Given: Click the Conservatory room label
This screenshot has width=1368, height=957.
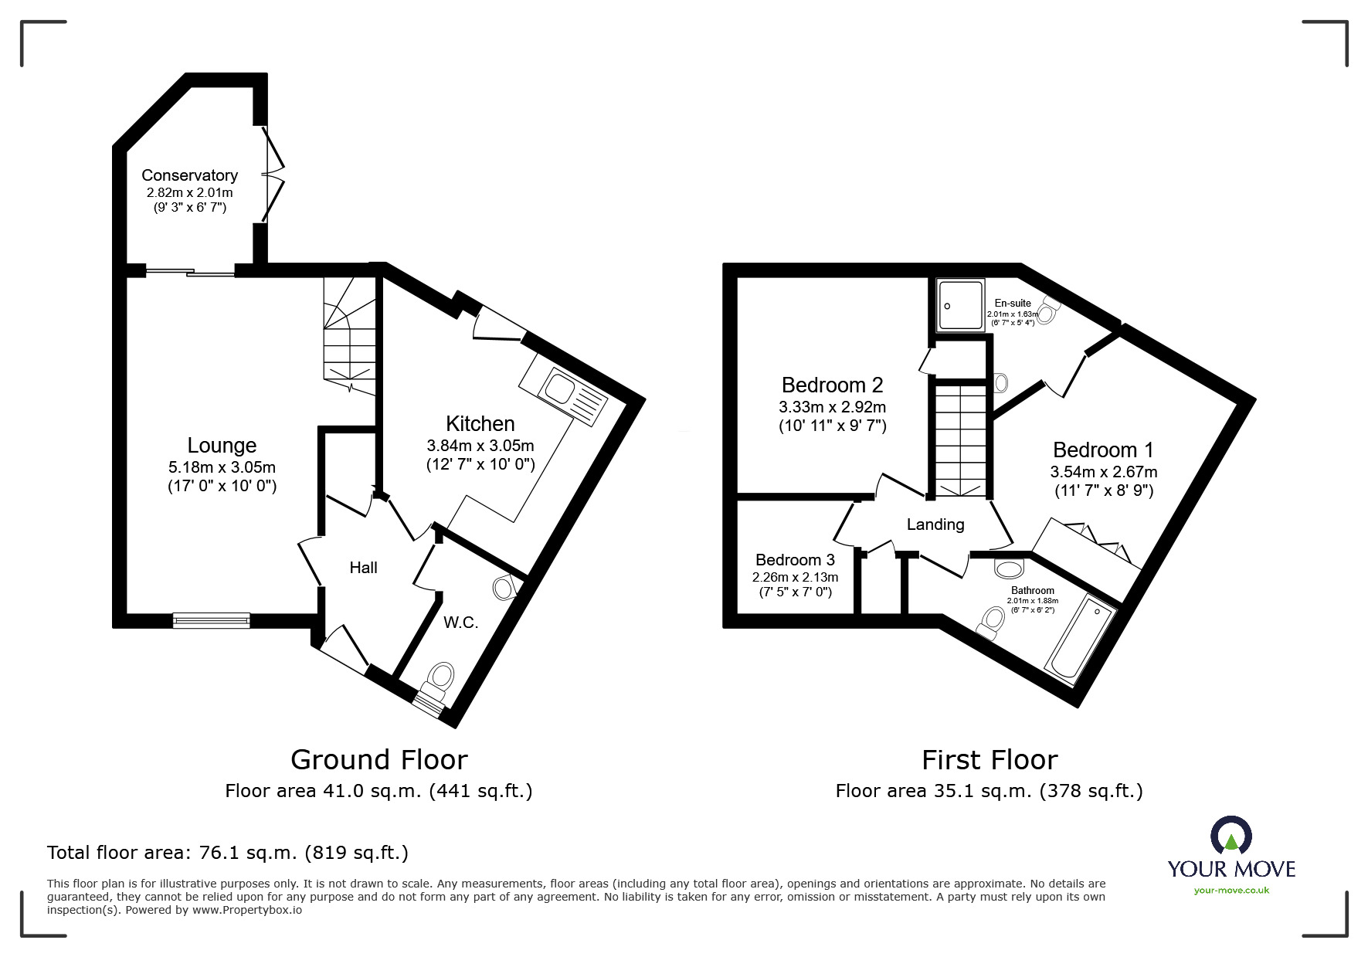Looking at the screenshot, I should [189, 175].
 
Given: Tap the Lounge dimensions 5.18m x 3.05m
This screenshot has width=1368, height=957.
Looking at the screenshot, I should [222, 467].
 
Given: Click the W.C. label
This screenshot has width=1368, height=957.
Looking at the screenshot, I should [460, 623].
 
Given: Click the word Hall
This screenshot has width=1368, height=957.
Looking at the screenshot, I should [363, 568].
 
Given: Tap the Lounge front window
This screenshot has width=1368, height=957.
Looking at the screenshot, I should [212, 619].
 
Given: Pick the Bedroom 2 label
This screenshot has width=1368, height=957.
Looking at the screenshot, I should [832, 385].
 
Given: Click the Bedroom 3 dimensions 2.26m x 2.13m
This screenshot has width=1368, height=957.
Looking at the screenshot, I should [795, 577].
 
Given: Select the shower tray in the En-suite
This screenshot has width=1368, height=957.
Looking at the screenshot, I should [960, 306].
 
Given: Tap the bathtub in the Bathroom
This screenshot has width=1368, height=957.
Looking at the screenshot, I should [1081, 640].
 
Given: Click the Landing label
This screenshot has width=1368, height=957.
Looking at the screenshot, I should [935, 524].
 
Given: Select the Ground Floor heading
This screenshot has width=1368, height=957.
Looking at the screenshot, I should [378, 759].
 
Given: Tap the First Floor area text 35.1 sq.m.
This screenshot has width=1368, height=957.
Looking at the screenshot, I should [989, 791].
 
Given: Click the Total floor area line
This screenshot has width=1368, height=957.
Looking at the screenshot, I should [228, 853].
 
